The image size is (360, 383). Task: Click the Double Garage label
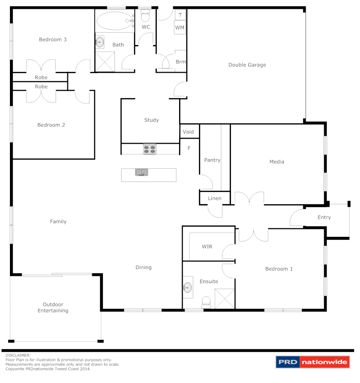[247, 65]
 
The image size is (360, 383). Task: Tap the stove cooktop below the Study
[150, 149]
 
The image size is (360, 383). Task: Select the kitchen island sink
[142, 172]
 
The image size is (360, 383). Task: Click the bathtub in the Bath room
[114, 21]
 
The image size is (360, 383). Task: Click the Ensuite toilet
[206, 302]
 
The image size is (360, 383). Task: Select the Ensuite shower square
[225, 299]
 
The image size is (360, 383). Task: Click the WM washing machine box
[179, 27]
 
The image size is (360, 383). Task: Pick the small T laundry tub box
[180, 15]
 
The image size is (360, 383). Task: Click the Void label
[188, 132]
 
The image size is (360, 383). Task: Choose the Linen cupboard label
[215, 198]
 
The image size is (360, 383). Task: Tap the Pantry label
[212, 160]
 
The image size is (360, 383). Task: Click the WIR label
[207, 246]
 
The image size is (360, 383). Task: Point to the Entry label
[324, 217]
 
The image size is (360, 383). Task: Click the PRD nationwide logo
[312, 362]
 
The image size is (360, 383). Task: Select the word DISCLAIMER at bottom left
[18, 355]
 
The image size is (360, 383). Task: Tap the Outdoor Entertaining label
[53, 307]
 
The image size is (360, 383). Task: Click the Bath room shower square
[105, 62]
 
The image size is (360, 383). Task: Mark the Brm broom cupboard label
[181, 62]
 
